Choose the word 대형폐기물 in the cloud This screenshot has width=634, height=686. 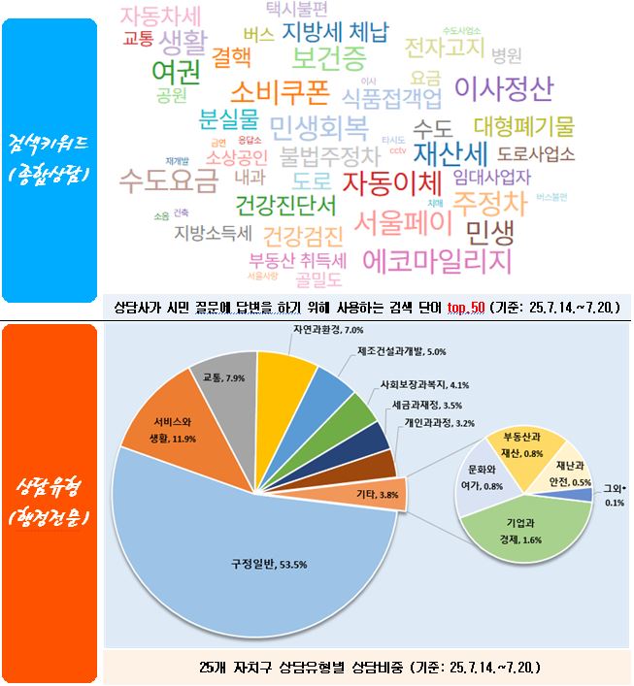(x=523, y=126)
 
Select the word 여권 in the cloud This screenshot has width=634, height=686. (x=176, y=71)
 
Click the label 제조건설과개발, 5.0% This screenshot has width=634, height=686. (x=401, y=351)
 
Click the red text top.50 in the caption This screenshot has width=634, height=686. (x=468, y=308)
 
